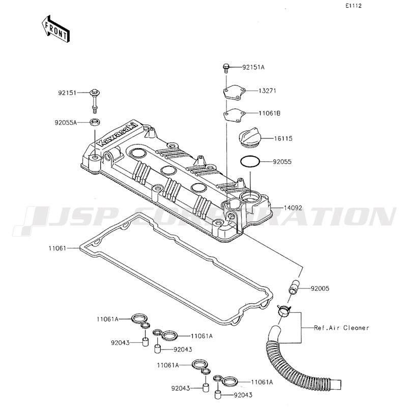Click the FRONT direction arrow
tap(55, 29)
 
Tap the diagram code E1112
tap(353, 6)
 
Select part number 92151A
tap(253, 67)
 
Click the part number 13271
tap(268, 91)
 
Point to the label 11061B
tap(270, 113)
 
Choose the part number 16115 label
tap(283, 138)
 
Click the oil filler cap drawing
tap(250, 137)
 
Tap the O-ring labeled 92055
tap(250, 162)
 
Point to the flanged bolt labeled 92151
tap(95, 101)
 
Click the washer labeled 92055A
tap(95, 122)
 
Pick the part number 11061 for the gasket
tap(57, 248)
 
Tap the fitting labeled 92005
tap(294, 287)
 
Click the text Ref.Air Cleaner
tap(341, 328)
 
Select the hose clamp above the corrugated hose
tap(284, 310)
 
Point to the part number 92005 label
tap(320, 288)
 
